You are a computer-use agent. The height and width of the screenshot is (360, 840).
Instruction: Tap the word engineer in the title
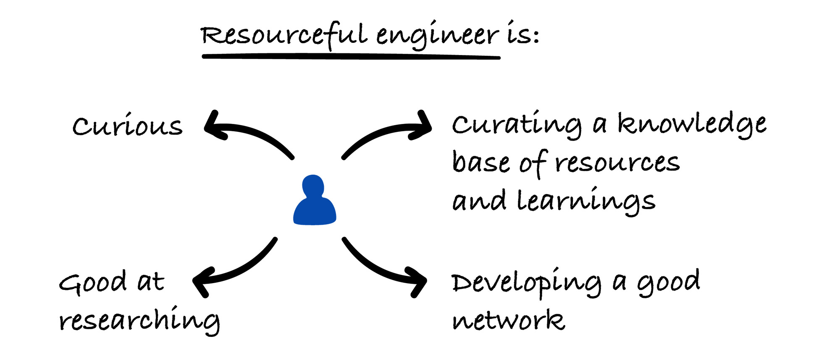pyautogui.click(x=437, y=36)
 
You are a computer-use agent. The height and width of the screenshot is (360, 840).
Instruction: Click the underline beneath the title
pyautogui.click(x=351, y=56)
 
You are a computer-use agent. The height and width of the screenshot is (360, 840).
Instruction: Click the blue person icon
pyautogui.click(x=314, y=202)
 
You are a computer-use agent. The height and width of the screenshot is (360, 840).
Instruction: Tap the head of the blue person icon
pyautogui.click(x=313, y=185)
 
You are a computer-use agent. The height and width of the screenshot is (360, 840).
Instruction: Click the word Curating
pyautogui.click(x=517, y=125)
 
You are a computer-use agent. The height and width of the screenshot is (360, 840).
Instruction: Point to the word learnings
pyautogui.click(x=586, y=201)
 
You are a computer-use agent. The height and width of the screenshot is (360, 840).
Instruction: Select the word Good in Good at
pyautogui.click(x=92, y=282)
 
